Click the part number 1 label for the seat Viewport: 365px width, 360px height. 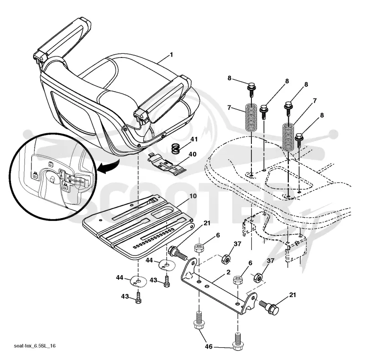[x=172, y=55]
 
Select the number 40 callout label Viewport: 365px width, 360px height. [x=193, y=154]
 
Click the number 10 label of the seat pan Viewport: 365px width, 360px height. [x=193, y=196]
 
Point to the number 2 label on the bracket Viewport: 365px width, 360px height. [x=228, y=272]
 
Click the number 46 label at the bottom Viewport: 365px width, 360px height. [x=209, y=347]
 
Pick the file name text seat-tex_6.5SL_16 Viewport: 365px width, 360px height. [x=35, y=345]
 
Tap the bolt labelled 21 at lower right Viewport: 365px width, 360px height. [x=269, y=307]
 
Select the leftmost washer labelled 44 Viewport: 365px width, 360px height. [x=139, y=282]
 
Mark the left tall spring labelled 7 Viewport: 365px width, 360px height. [x=252, y=117]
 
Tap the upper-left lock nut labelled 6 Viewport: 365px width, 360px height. [x=199, y=248]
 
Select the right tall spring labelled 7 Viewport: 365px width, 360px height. [x=289, y=137]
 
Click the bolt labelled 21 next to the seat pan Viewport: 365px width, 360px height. [x=177, y=253]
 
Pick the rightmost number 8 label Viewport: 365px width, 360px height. [x=322, y=115]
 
